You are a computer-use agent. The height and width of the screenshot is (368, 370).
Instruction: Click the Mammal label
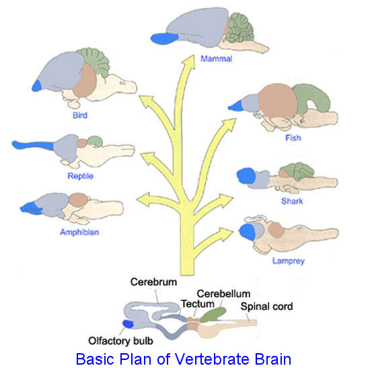click(x=217, y=59)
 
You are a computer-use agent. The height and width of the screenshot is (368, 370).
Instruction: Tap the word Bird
click(x=80, y=115)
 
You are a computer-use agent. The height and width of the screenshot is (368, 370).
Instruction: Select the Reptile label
click(x=81, y=176)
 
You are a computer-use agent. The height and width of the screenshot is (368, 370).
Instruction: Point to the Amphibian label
click(x=79, y=232)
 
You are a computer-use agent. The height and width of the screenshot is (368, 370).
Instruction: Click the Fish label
click(x=293, y=137)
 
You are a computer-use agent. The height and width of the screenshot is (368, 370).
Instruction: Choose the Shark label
click(x=292, y=201)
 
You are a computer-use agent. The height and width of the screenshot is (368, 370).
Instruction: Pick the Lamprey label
click(x=289, y=261)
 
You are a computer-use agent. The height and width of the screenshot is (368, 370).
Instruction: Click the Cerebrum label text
click(x=153, y=282)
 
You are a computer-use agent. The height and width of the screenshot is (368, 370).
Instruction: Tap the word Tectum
click(x=198, y=304)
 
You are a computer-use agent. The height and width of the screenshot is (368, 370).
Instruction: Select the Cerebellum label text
click(x=223, y=294)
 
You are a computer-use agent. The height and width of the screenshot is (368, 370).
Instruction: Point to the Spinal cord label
click(x=266, y=307)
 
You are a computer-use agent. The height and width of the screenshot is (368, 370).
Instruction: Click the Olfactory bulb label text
click(x=120, y=341)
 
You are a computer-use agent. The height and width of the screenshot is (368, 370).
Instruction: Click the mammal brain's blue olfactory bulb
click(x=164, y=38)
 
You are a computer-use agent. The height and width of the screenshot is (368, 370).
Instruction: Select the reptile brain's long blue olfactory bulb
click(x=33, y=145)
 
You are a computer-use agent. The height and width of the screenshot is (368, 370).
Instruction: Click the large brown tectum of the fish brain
click(x=277, y=100)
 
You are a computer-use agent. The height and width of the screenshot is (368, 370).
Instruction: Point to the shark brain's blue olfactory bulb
click(x=246, y=176)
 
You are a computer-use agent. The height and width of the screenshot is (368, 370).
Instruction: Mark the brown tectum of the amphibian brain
click(x=79, y=200)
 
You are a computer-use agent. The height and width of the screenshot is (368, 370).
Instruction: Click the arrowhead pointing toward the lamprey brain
click(x=226, y=233)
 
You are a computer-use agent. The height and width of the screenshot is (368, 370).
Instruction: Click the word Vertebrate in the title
click(x=213, y=359)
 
